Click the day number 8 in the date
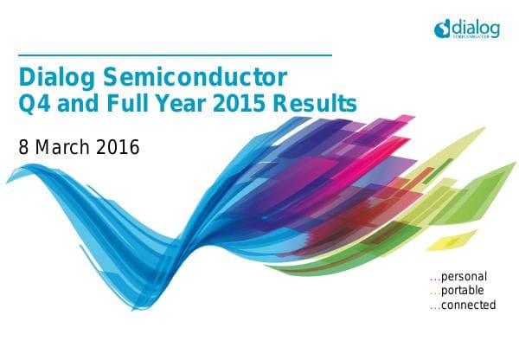click(x=24, y=146)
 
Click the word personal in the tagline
click(x=465, y=277)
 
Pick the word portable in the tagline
click(x=463, y=291)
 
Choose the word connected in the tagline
click(x=469, y=305)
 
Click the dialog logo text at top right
click(x=477, y=26)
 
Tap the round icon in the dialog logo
click(x=443, y=30)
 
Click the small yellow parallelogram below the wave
click(x=444, y=240)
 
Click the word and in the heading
click(x=80, y=106)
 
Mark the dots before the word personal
click(x=435, y=279)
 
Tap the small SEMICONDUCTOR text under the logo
click(x=477, y=37)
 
